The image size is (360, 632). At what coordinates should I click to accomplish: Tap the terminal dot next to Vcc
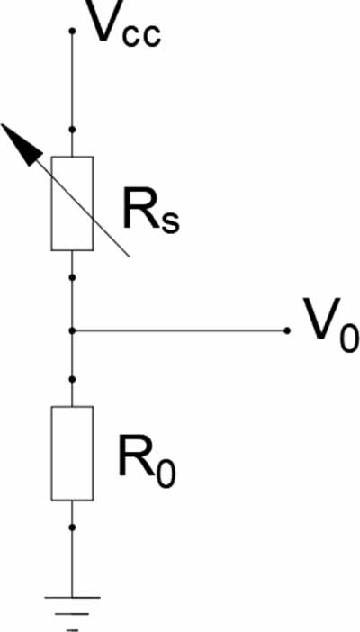[72, 31]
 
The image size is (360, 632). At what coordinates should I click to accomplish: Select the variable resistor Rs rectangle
[72, 203]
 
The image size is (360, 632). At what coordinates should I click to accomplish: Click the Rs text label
[151, 210]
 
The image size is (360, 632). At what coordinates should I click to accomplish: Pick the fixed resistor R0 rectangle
[72, 454]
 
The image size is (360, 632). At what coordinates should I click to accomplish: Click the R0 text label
[147, 462]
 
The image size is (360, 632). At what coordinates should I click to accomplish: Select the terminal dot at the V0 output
[286, 330]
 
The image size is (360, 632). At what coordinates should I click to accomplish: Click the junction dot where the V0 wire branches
[72, 330]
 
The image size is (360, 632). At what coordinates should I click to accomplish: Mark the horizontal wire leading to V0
[179, 330]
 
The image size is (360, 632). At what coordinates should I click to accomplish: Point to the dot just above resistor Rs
[72, 130]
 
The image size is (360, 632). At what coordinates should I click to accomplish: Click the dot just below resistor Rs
[72, 277]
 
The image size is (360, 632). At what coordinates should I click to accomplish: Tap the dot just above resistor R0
[72, 379]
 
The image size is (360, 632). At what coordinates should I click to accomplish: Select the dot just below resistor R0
[72, 528]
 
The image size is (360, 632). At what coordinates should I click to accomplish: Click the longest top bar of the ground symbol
[72, 597]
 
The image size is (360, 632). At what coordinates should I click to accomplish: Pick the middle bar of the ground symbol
[72, 614]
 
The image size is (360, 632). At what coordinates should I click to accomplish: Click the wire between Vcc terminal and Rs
[72, 94]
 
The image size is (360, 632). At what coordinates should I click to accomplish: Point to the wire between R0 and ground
[72, 549]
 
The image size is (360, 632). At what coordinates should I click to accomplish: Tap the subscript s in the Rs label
[170, 222]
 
